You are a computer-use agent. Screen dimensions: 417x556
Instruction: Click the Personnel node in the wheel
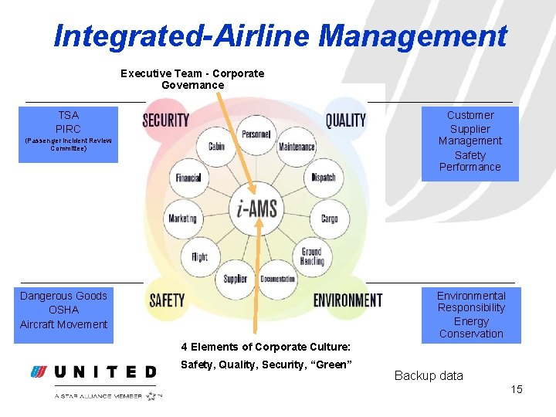click(x=256, y=134)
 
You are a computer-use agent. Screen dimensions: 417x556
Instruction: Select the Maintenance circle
click(x=297, y=147)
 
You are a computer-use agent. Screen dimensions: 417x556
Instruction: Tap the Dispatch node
click(x=324, y=178)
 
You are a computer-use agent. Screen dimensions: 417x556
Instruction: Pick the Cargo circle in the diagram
click(x=330, y=219)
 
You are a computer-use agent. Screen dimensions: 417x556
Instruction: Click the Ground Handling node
click(x=312, y=256)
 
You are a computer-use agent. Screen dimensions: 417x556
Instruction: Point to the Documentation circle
click(x=277, y=279)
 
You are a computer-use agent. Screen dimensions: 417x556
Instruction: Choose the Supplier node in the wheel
click(x=236, y=279)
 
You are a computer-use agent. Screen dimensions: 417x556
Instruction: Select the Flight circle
click(x=199, y=256)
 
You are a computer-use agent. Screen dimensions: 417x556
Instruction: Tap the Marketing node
click(x=182, y=219)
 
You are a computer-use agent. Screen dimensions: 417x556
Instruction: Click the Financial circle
click(x=188, y=178)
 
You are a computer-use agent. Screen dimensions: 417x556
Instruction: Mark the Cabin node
click(x=216, y=147)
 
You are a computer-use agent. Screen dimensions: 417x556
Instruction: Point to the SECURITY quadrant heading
click(x=165, y=120)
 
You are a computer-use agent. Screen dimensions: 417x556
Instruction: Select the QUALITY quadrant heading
click(x=345, y=120)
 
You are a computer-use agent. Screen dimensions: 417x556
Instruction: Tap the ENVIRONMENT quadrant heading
click(x=347, y=300)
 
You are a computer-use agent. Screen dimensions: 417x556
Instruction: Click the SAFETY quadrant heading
click(x=167, y=300)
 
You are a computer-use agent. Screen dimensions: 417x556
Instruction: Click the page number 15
click(x=517, y=389)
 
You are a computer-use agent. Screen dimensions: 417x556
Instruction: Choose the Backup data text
click(x=429, y=376)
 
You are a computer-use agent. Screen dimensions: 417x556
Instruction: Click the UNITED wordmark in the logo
click(x=106, y=372)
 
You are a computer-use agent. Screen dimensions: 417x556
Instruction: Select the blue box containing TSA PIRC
click(x=68, y=134)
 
